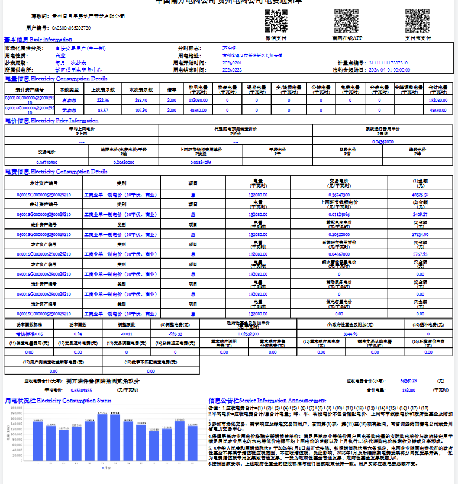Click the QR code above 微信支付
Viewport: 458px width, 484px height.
coord(276,21)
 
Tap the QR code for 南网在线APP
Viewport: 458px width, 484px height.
coord(346,21)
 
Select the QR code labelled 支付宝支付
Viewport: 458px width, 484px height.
coord(417,21)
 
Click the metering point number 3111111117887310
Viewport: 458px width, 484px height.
coord(388,62)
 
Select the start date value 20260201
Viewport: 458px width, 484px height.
coord(232,62)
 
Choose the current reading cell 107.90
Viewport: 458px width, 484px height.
coord(141,110)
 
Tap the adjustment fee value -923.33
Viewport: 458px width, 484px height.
coord(176,334)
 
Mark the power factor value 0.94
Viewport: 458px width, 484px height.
coord(78,334)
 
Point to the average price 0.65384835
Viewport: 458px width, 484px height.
coord(80,391)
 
